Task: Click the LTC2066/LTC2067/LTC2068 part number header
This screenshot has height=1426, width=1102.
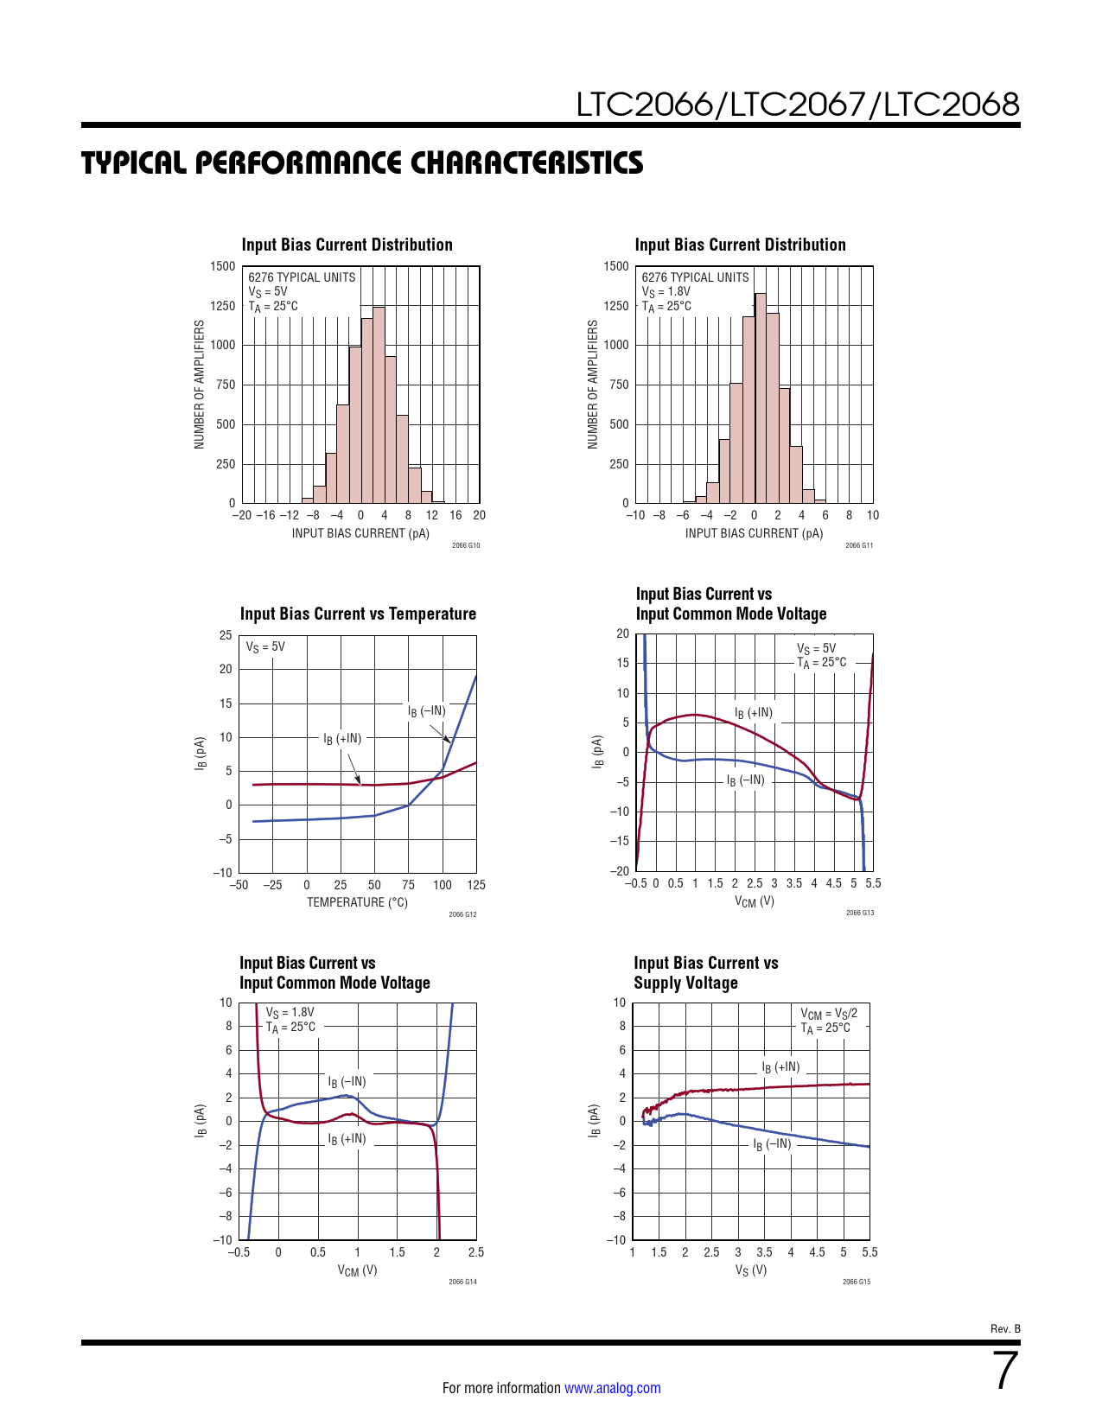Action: [x=798, y=105]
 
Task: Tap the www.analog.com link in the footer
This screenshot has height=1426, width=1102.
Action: [x=612, y=1388]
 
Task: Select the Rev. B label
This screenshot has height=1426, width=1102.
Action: [x=1005, y=1329]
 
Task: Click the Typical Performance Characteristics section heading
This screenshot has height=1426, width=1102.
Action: [x=362, y=162]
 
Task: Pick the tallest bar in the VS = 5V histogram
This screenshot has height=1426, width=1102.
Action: [x=379, y=404]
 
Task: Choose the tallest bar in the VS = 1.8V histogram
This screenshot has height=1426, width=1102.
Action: [x=761, y=398]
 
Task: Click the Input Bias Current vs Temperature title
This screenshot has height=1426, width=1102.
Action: [x=358, y=614]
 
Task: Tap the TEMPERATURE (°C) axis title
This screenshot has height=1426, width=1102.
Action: [x=357, y=902]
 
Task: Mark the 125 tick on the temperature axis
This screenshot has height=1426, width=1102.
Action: [x=475, y=885]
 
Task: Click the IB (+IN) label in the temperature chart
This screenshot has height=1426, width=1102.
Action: [x=342, y=739]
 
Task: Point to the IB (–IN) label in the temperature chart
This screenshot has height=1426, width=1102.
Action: [x=427, y=711]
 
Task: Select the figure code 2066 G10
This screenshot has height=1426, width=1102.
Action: [x=465, y=545]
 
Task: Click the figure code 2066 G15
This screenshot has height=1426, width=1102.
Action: [x=857, y=1282]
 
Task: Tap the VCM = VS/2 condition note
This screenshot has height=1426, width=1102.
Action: [x=829, y=1014]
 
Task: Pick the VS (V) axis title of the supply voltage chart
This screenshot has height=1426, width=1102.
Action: [x=751, y=1270]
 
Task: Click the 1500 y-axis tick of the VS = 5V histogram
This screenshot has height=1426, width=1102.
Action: [x=222, y=266]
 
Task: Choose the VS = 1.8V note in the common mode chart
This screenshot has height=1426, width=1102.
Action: [x=290, y=1012]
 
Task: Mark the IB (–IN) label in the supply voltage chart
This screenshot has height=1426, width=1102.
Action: [x=772, y=1144]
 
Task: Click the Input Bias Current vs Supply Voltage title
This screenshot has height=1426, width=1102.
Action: [x=705, y=972]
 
